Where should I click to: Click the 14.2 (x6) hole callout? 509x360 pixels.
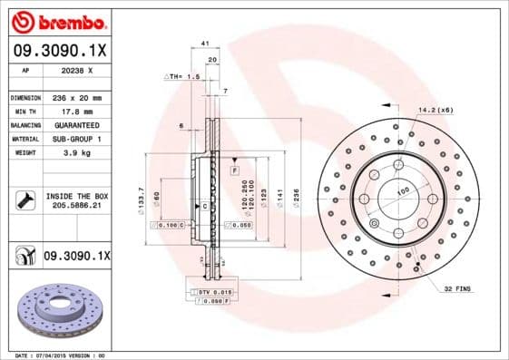tap(436, 110)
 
